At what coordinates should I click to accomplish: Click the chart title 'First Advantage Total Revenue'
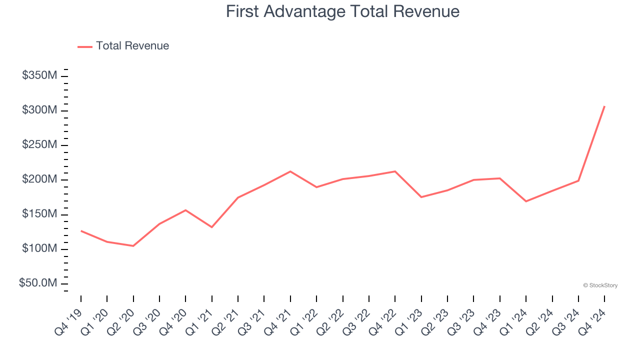pos(342,11)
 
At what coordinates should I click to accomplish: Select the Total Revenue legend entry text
pos(132,46)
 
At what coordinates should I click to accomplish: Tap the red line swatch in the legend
pos(85,46)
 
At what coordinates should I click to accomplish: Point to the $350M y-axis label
pos(39,75)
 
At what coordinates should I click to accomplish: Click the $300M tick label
pos(39,110)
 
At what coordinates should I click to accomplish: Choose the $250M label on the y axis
pos(39,145)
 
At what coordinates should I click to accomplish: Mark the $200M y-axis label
pos(39,179)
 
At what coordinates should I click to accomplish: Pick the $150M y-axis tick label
pos(39,214)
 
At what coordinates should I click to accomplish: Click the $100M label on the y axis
pos(39,249)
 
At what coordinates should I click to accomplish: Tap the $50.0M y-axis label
pos(38,283)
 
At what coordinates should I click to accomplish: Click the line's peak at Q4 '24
pos(604,106)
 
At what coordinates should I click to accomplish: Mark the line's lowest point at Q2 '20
pos(133,246)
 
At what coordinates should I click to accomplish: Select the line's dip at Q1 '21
pos(212,227)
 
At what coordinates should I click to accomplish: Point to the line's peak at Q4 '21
pos(290,171)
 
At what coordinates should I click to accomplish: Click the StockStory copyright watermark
pos(600,285)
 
